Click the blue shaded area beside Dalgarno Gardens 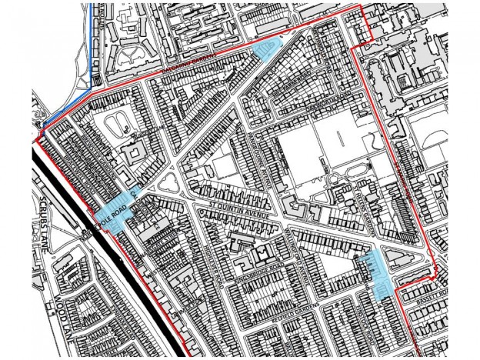click(263, 50)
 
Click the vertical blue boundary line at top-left click(92, 38)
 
